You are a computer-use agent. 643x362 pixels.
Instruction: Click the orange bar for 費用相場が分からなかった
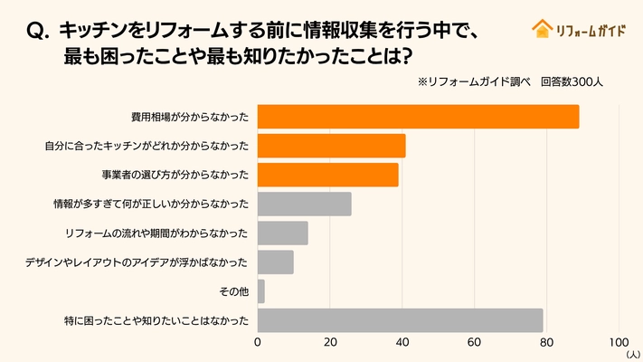[418, 117]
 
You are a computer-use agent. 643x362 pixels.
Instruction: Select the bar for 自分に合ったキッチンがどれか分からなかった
[331, 146]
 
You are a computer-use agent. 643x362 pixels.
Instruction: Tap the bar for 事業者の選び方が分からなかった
[327, 175]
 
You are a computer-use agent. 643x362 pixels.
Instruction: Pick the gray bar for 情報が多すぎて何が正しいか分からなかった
[304, 204]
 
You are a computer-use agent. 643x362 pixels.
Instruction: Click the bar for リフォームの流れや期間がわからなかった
[282, 233]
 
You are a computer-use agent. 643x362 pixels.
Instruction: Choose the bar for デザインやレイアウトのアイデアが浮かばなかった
[276, 262]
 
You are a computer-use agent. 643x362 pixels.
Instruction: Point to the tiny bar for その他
[261, 291]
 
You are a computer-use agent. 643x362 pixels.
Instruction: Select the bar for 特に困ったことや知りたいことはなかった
[400, 319]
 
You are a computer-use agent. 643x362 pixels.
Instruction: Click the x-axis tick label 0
[258, 343]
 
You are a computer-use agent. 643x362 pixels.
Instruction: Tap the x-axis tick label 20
[330, 343]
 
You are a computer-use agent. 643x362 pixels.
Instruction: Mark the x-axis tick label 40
[402, 343]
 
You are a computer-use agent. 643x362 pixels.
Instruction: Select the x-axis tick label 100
[619, 343]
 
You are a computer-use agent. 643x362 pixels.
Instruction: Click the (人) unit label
[632, 356]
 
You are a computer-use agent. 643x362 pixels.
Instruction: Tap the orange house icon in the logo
[542, 28]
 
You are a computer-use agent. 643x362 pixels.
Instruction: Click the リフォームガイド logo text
[589, 29]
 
